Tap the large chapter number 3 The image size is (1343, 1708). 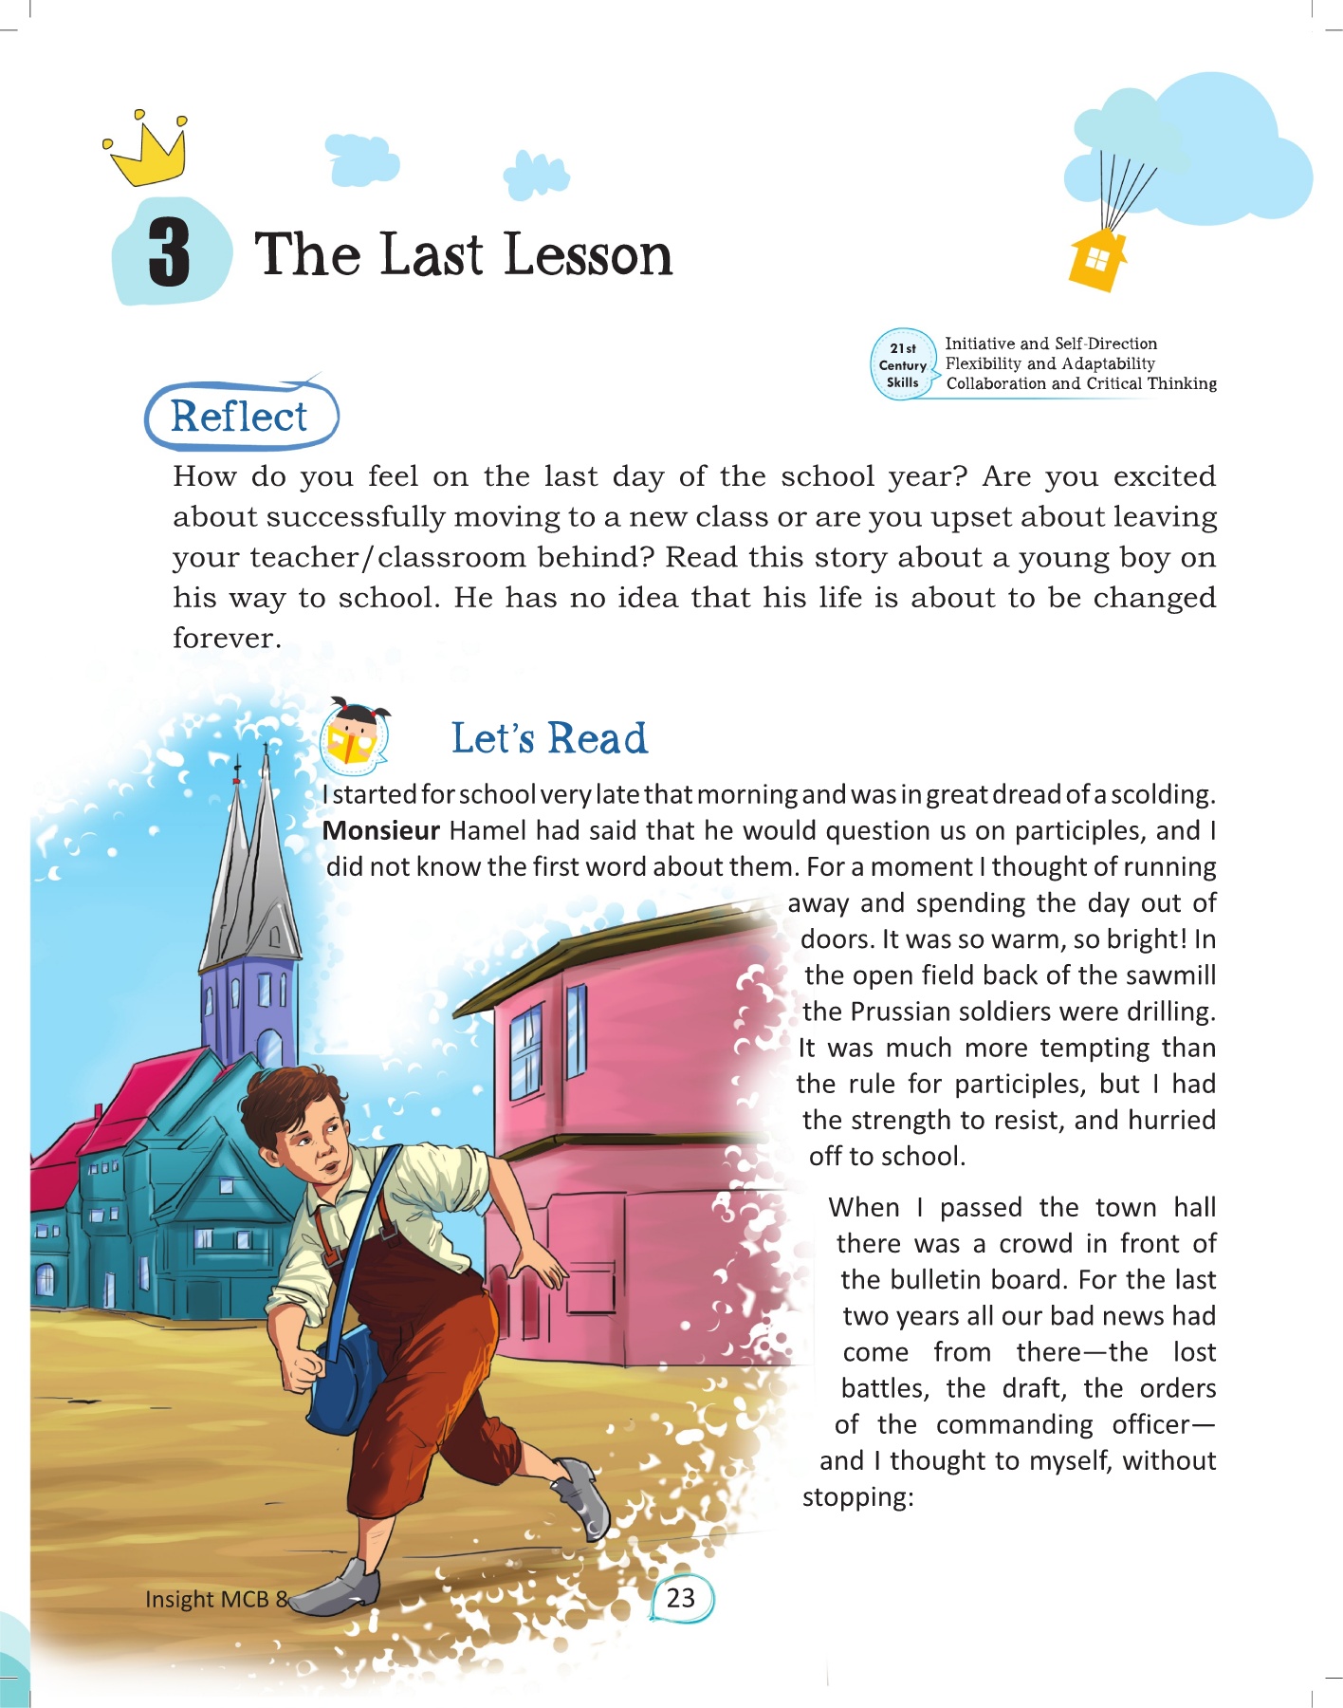pyautogui.click(x=170, y=252)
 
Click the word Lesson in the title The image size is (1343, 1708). pyautogui.click(x=588, y=255)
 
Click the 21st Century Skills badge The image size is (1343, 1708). pyautogui.click(x=903, y=365)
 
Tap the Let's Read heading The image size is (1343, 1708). pyautogui.click(x=549, y=738)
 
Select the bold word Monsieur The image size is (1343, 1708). pyautogui.click(x=381, y=831)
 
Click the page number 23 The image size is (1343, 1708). pyautogui.click(x=681, y=1598)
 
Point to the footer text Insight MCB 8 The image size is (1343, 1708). pyautogui.click(x=215, y=1599)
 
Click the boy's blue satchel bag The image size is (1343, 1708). pyautogui.click(x=349, y=1376)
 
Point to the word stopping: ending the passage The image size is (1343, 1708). pyautogui.click(x=857, y=1497)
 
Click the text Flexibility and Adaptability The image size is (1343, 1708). pyautogui.click(x=1050, y=363)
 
